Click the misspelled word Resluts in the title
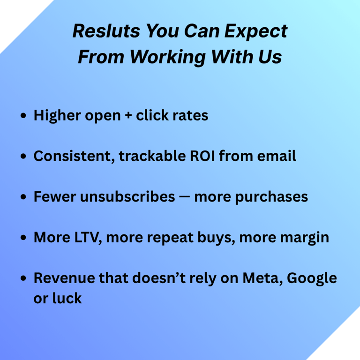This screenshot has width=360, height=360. [106, 31]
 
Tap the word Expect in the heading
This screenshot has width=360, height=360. [256, 32]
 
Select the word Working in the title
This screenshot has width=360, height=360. [168, 57]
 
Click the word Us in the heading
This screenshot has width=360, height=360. [270, 57]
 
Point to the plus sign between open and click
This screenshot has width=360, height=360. [128, 115]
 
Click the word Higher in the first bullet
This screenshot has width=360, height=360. [57, 115]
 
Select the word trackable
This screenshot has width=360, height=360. [152, 156]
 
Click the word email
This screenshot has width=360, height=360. [277, 156]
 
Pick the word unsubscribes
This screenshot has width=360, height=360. [127, 197]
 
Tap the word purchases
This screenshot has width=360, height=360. [271, 197]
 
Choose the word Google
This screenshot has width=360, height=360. [312, 279]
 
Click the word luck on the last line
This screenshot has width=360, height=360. [67, 298]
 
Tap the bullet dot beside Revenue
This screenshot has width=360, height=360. [23, 278]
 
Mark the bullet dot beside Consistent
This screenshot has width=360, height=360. [23, 156]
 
